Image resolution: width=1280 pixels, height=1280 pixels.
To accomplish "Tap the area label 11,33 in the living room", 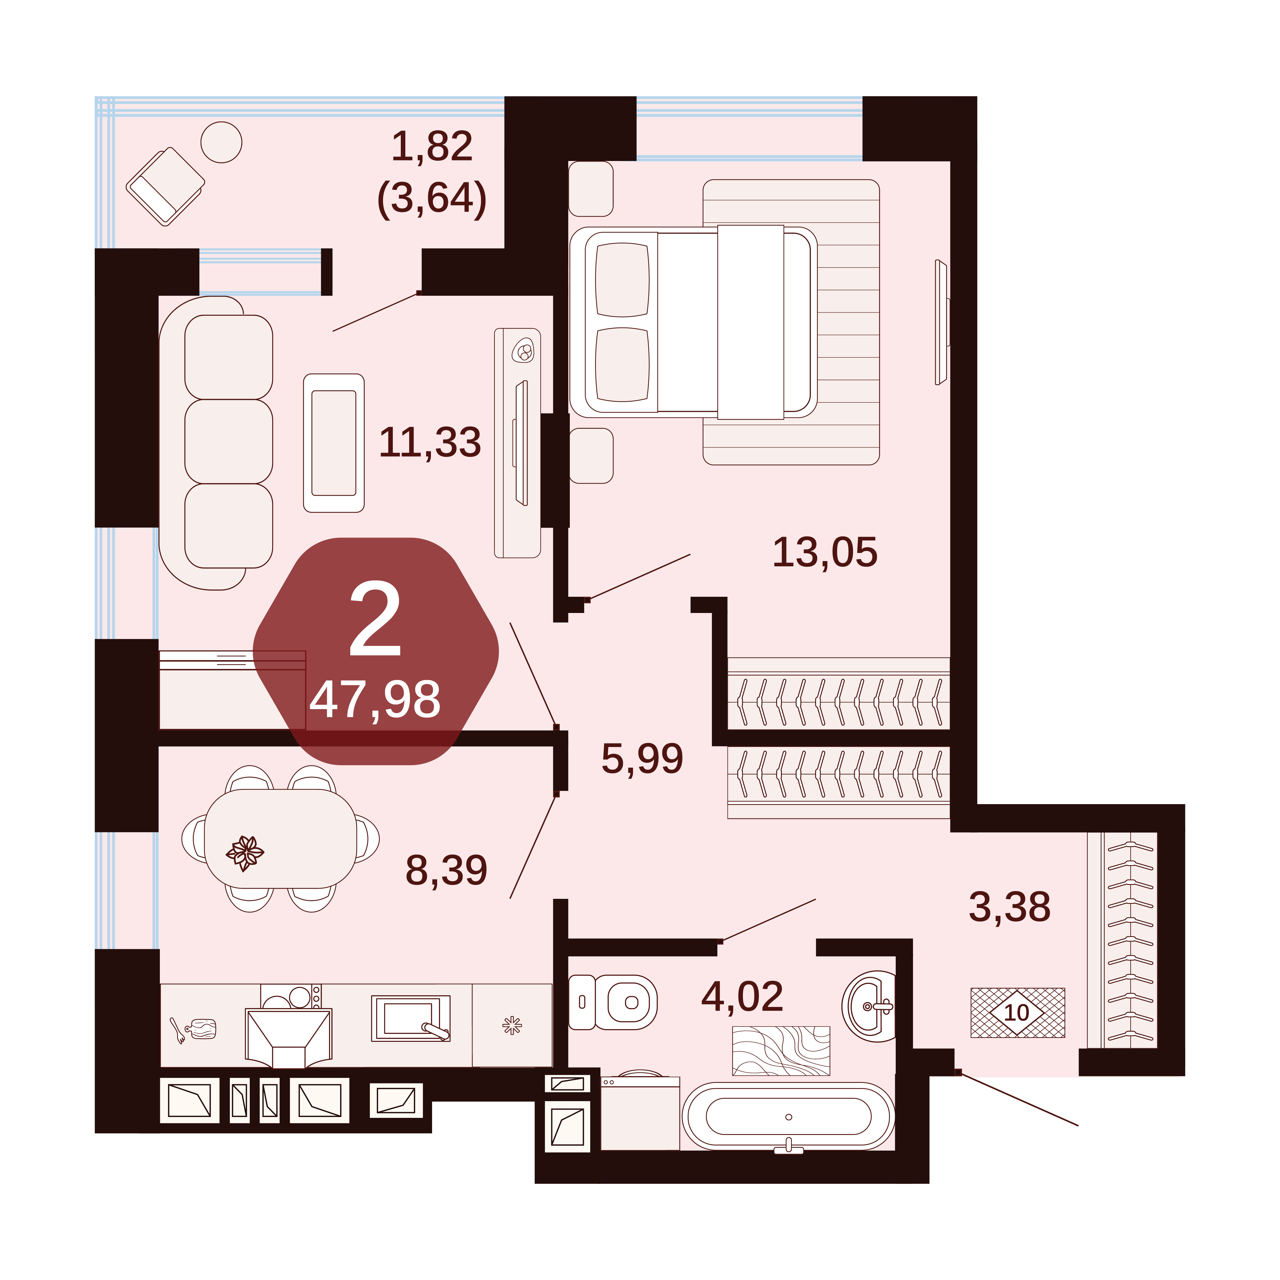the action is (430, 443).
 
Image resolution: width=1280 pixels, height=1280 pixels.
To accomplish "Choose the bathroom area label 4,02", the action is (742, 996).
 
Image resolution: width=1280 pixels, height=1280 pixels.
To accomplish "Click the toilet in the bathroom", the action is (613, 1002).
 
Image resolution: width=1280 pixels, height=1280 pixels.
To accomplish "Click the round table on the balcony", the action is (221, 143).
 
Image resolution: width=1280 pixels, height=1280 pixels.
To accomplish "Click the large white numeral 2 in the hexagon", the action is (376, 620).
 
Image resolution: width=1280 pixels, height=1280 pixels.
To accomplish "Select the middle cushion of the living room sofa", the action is (229, 441).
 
